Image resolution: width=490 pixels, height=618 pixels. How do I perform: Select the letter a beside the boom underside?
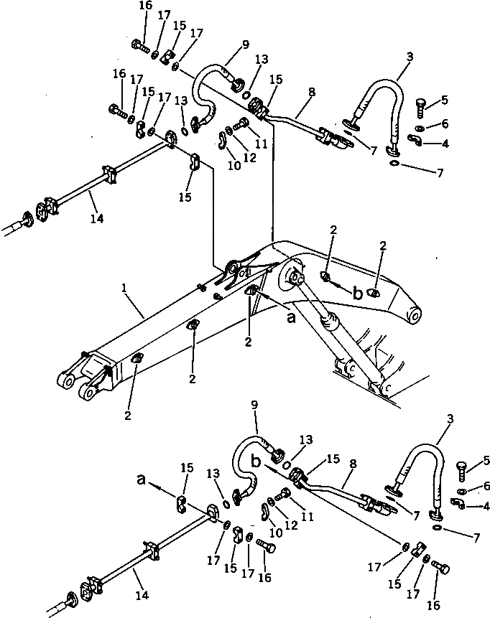pyautogui.click(x=291, y=316)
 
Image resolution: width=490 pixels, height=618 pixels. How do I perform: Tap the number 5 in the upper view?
pyautogui.click(x=445, y=100)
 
